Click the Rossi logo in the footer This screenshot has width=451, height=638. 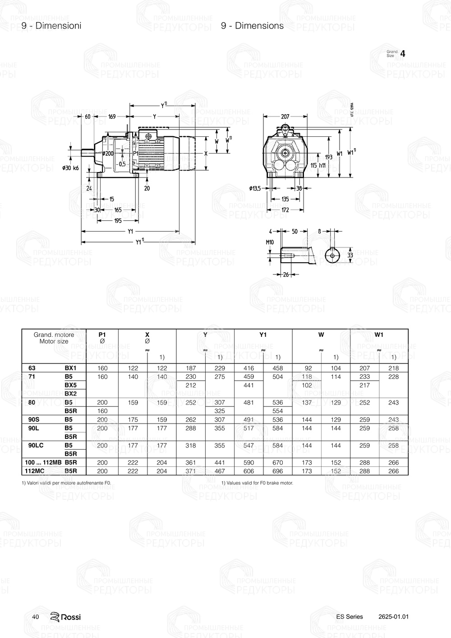[x=65, y=617]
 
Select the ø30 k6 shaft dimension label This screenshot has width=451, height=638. [x=70, y=168]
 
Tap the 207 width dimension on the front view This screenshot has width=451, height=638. [x=285, y=116]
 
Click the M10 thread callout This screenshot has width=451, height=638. [x=270, y=242]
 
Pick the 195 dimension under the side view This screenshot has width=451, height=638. [x=118, y=221]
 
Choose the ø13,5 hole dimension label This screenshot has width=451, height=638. [x=255, y=188]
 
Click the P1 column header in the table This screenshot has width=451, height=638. [x=102, y=335]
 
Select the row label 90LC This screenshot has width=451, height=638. [x=36, y=446]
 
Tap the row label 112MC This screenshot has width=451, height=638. [x=34, y=471]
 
